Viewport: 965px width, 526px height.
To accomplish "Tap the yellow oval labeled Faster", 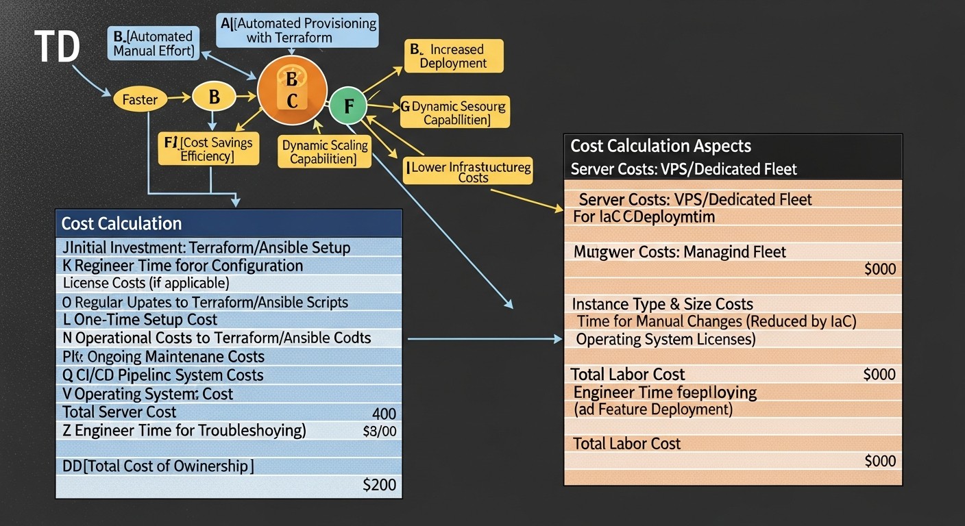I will pyautogui.click(x=140, y=100).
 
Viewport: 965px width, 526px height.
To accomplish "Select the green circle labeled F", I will pyautogui.click(x=348, y=106).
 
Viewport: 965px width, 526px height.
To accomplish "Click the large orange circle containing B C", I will pyautogui.click(x=292, y=90).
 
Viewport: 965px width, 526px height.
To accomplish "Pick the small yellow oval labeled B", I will pyautogui.click(x=214, y=97).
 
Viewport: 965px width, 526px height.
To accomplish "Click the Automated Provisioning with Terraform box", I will pyautogui.click(x=298, y=30).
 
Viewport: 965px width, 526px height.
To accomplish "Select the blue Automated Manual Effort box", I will pyautogui.click(x=153, y=44).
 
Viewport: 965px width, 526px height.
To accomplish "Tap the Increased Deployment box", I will pyautogui.click(x=453, y=56).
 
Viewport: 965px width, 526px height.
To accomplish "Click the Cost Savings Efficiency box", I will pyautogui.click(x=208, y=149).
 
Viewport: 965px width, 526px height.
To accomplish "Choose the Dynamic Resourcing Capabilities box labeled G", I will pyautogui.click(x=455, y=113).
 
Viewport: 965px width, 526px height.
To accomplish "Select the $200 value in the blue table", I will pyautogui.click(x=379, y=485).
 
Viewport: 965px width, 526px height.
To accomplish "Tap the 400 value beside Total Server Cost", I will pyautogui.click(x=384, y=414).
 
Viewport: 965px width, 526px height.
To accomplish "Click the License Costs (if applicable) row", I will pyautogui.click(x=146, y=283).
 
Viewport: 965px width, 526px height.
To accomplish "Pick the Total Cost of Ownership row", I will pyautogui.click(x=158, y=466).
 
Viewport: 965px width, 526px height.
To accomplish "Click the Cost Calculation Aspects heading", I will pyautogui.click(x=661, y=146).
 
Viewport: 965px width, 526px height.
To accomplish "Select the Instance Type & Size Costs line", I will pyautogui.click(x=662, y=304).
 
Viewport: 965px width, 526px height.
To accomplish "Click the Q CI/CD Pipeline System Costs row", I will pyautogui.click(x=163, y=375).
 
